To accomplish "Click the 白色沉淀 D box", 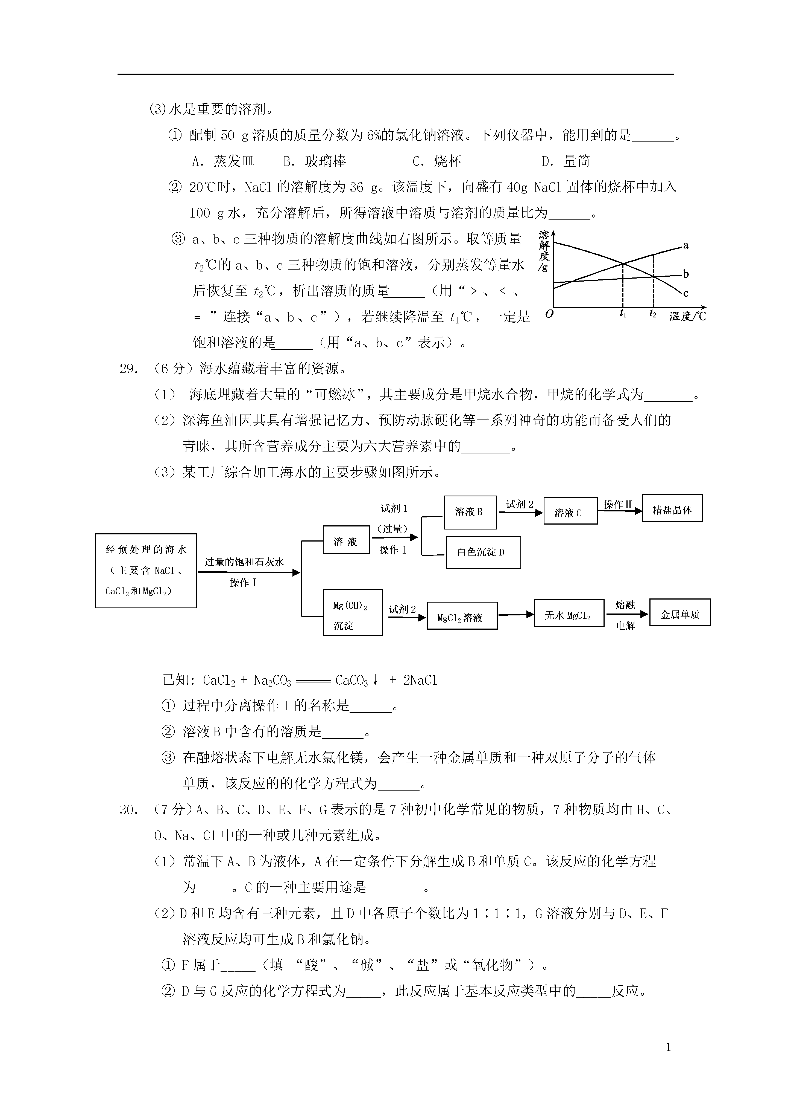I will tap(483, 552).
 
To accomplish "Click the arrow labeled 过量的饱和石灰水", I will tap(248, 573).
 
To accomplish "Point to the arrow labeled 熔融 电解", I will tap(627, 615).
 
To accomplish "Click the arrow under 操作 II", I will tap(619, 511).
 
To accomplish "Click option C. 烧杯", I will tap(437, 161).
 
